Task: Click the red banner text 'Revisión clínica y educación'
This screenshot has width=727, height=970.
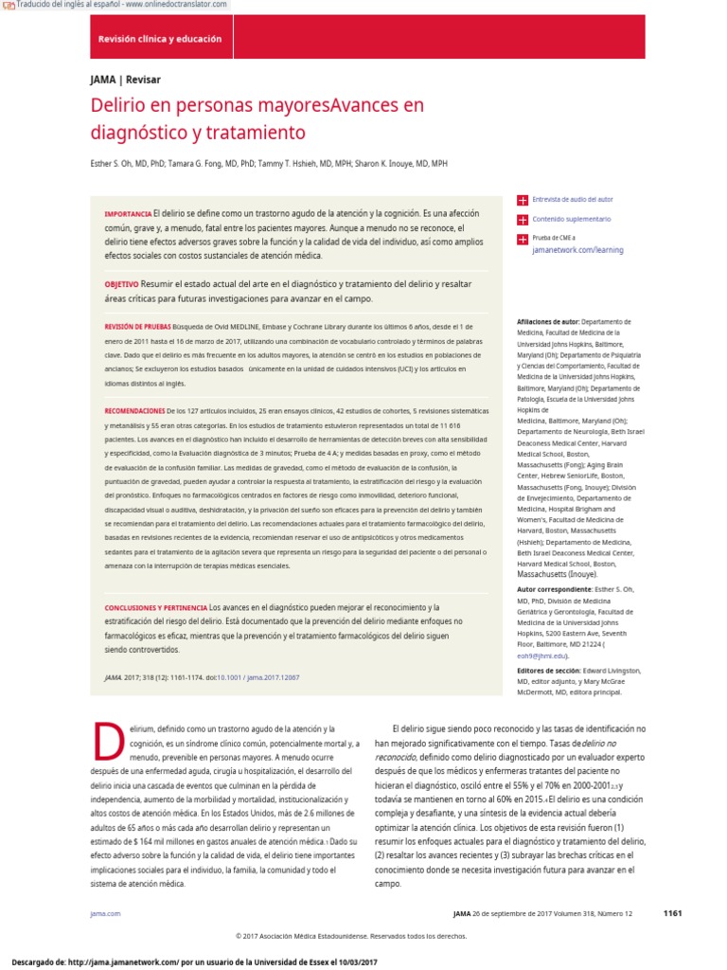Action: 160,39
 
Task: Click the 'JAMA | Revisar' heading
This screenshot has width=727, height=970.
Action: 118,80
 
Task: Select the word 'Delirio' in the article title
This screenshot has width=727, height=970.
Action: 119,104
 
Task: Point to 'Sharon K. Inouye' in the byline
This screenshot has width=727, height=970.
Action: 385,164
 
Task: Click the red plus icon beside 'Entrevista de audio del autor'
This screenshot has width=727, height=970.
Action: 522,200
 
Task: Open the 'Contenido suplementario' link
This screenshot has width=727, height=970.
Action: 572,219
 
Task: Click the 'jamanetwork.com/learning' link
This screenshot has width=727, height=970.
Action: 577,250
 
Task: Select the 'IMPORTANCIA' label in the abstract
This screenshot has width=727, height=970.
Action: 127,215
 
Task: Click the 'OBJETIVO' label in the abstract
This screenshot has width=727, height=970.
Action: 121,284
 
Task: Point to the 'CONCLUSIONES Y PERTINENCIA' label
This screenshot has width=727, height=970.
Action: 155,607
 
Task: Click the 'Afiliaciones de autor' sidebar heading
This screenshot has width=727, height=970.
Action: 548,322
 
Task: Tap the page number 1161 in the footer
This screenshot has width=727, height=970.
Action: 672,913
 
